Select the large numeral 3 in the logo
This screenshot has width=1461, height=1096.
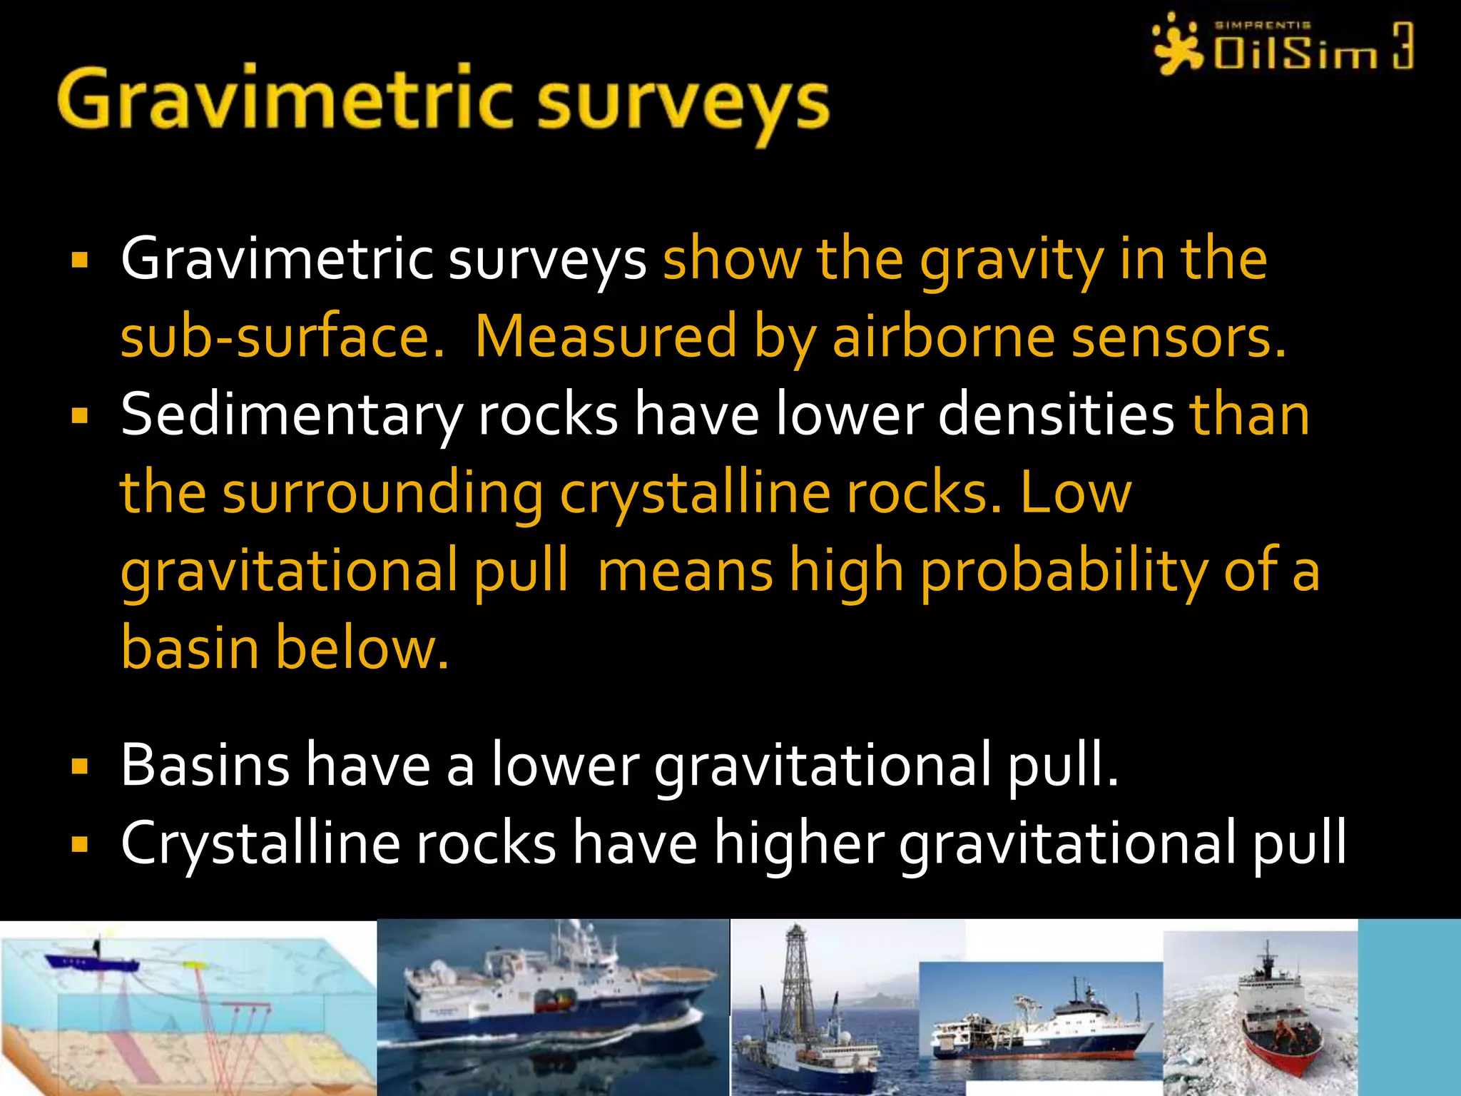(x=1402, y=46)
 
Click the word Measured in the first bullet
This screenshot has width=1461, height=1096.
(x=605, y=337)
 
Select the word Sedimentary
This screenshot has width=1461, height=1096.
(x=290, y=415)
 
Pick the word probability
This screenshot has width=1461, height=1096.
(x=1063, y=572)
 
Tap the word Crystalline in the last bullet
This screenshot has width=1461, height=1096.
(x=260, y=843)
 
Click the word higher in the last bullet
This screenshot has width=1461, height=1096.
(x=799, y=843)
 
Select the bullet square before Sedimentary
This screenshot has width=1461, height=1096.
(x=80, y=416)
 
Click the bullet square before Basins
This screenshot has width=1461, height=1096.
(x=80, y=767)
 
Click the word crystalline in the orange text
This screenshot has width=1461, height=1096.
(x=695, y=494)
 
